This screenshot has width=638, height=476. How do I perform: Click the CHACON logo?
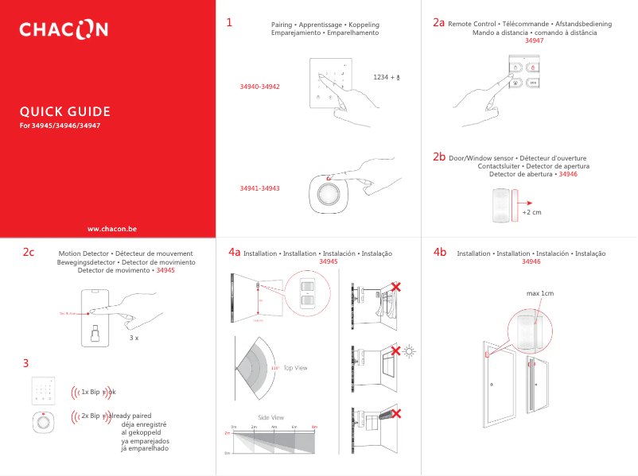tap(64, 30)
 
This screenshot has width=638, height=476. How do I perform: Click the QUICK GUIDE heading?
tap(65, 111)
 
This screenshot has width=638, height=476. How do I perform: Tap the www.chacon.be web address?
tap(111, 228)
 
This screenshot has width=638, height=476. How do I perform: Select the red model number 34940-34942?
tap(259, 86)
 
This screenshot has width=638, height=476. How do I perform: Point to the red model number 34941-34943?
tap(259, 188)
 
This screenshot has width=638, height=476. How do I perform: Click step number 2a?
tap(438, 23)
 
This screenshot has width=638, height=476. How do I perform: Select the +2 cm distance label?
tap(531, 212)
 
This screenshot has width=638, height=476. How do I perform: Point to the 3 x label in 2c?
tap(134, 338)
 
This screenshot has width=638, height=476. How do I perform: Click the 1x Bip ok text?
tap(98, 392)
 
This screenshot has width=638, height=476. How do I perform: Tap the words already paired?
tap(130, 416)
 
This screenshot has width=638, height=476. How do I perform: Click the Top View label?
tap(295, 368)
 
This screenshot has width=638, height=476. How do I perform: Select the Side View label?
tap(271, 417)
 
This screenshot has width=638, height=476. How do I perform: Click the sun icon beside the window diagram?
tap(410, 351)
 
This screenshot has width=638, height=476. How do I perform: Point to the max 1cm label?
tap(539, 294)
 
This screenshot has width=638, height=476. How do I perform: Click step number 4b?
tap(440, 252)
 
